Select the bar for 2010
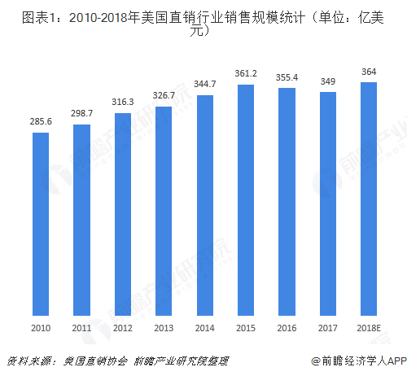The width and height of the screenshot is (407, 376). click(x=41, y=224)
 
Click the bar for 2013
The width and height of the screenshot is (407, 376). click(x=164, y=212)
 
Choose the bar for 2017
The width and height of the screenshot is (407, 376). click(x=328, y=203)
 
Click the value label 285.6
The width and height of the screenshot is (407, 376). click(x=41, y=120)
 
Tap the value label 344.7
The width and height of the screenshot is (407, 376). click(x=205, y=83)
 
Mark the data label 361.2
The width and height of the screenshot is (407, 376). click(x=246, y=73)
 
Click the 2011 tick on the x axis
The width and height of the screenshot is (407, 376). click(x=81, y=328)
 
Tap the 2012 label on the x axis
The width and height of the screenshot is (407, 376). click(x=123, y=328)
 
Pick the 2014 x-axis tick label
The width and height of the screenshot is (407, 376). click(x=205, y=328)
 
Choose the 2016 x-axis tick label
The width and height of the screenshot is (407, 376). click(x=287, y=328)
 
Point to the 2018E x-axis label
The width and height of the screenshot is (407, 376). click(x=369, y=328)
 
